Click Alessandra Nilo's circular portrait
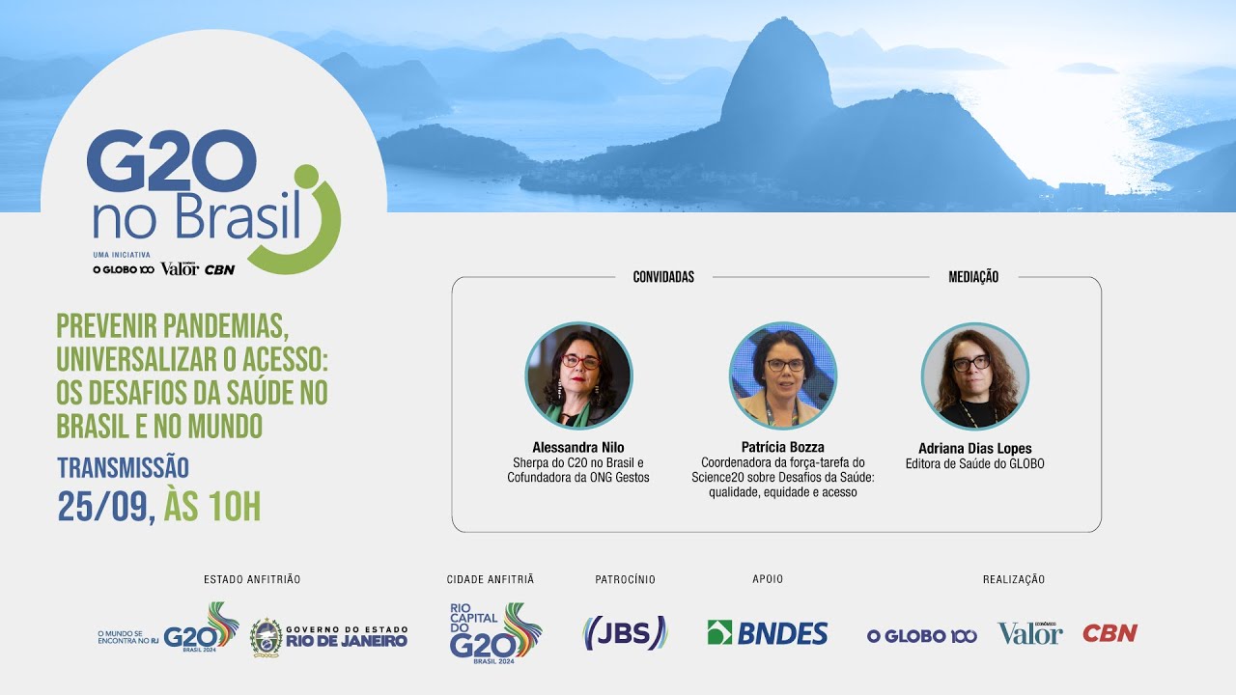pos(578,375)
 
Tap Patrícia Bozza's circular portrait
pos(783,375)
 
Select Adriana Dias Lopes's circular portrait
pos(974,375)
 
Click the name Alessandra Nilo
pos(578,448)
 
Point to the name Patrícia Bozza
pos(783,448)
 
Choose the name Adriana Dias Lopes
pos(974,449)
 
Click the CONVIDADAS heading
pos(663,277)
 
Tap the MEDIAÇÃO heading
pos(973,277)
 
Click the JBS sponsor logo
pos(625,633)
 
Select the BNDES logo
pos(768,633)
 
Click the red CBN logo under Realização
pos(1110,633)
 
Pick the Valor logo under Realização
pos(1029,633)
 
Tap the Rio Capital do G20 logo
pos(495,631)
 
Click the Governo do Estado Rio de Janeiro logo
pos(329,635)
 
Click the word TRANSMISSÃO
pos(123,468)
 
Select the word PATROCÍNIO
pos(625,579)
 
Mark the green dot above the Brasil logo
pos(306,177)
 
